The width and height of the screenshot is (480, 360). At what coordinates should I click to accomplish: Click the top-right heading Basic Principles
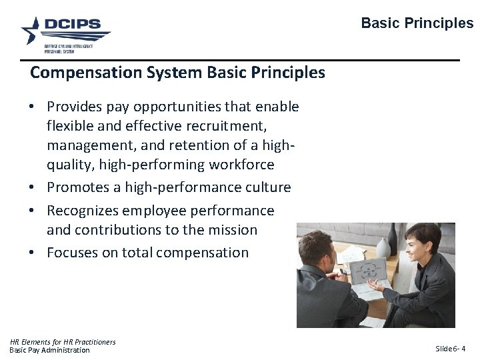417,23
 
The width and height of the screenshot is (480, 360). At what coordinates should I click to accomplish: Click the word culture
266,187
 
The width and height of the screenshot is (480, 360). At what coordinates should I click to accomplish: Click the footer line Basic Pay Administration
49,350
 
